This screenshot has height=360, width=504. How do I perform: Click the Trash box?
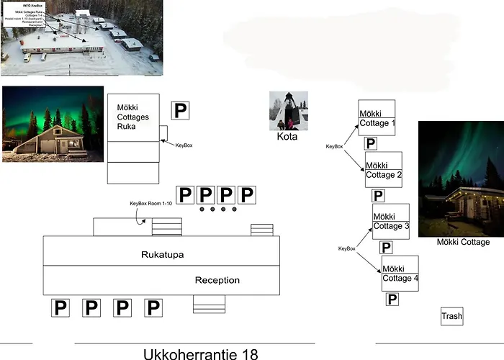tap(451, 316)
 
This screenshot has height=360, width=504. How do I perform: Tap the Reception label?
tap(217, 280)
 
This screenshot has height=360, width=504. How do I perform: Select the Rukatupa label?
tap(162, 254)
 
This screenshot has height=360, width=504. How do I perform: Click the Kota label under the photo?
tap(287, 136)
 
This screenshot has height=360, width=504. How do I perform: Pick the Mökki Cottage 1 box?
tap(377, 117)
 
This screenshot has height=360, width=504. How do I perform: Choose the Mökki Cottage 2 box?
tap(383, 170)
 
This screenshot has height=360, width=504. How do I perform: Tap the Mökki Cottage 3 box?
tap(390, 222)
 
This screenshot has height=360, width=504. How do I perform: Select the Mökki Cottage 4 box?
tap(399, 274)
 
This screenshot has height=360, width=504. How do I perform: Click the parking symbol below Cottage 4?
tap(392, 299)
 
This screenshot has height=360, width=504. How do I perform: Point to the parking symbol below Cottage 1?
tap(371, 143)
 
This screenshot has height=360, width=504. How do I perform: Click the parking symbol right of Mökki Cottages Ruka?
tap(181, 110)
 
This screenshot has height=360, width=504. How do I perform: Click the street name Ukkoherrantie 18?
tap(200, 354)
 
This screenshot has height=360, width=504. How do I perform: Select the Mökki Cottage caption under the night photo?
tap(463, 243)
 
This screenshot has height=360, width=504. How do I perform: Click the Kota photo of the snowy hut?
tap(288, 110)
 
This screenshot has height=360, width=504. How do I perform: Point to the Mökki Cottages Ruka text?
tap(131, 116)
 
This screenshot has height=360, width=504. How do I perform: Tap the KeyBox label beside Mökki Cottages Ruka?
tap(184, 145)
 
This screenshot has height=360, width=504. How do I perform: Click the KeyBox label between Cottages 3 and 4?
tap(347, 248)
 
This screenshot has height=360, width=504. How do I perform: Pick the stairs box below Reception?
tap(210, 304)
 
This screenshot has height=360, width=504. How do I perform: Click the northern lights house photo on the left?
tap(53, 124)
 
